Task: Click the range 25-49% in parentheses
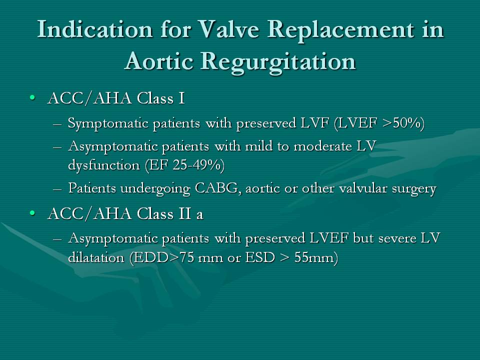197,165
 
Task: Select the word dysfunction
104,165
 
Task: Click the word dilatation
96,257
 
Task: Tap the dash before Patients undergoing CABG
57,189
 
